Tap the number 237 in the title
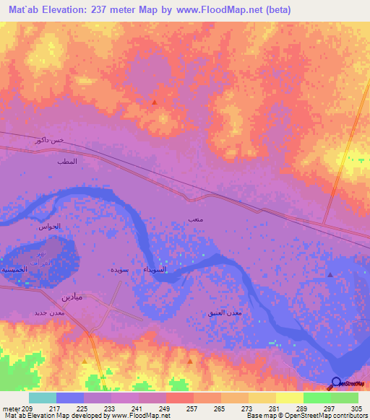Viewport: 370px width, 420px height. [101, 9]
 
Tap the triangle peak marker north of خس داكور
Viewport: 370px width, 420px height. [154, 102]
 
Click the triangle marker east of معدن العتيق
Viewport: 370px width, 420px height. [330, 274]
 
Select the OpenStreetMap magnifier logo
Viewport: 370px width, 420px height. [336, 383]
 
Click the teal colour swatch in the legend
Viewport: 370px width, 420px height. [43, 398]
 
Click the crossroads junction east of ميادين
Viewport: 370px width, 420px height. [109, 309]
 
